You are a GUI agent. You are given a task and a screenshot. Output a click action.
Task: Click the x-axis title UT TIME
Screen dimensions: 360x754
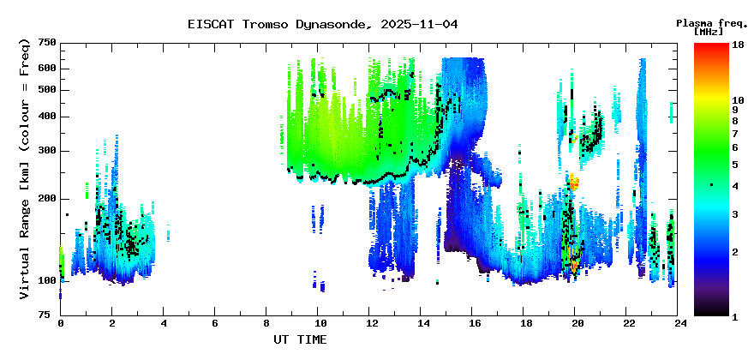point(300,339)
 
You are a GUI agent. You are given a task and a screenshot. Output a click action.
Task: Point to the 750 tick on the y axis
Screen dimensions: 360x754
point(47,43)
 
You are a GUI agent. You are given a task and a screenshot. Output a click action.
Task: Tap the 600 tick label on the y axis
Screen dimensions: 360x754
point(47,69)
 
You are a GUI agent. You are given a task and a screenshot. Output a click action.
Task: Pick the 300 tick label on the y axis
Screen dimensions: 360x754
point(47,151)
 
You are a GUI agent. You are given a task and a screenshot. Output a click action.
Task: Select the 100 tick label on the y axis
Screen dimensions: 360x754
point(47,280)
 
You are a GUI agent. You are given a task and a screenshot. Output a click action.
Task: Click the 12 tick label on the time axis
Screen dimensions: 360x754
point(370,323)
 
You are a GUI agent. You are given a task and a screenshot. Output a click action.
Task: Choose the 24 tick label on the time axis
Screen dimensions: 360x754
point(679,323)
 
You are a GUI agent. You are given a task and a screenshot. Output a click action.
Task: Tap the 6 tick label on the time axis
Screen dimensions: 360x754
point(215,323)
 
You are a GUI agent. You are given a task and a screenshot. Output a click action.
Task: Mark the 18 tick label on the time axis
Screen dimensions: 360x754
point(524,323)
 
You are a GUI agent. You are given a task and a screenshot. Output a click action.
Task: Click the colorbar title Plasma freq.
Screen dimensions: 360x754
point(709,22)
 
